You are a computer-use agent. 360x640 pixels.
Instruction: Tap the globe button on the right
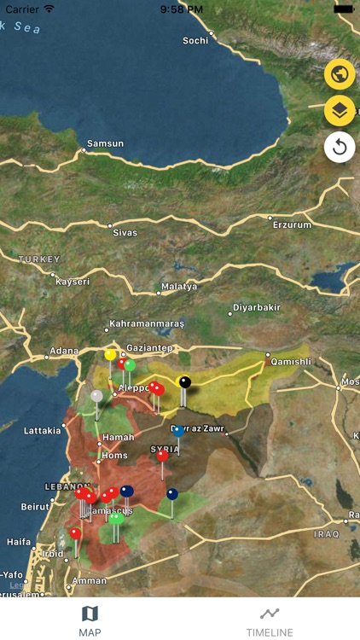[x=340, y=74]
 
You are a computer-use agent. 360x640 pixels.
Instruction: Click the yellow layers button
[x=340, y=111]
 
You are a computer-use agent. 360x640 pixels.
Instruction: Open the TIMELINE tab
[x=270, y=620]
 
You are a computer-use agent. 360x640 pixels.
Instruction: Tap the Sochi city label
[x=195, y=41]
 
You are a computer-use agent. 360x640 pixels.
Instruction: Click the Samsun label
[x=105, y=143]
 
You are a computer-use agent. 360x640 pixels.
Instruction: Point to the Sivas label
[x=125, y=232]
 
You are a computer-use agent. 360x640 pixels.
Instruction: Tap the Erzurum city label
[x=292, y=224]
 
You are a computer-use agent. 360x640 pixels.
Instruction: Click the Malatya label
[x=179, y=287]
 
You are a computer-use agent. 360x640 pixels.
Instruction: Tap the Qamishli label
[x=291, y=362]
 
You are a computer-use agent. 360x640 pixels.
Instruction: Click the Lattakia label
[x=42, y=431]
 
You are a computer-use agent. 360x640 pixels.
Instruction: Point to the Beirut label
[x=35, y=506]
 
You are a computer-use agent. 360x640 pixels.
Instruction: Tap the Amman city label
[x=90, y=580]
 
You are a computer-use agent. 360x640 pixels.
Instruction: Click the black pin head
[x=184, y=381]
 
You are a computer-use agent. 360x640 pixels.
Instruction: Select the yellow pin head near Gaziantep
[x=110, y=354]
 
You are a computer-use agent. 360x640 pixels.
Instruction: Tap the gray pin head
[x=96, y=396]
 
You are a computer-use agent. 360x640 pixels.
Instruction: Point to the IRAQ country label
[x=326, y=534]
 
